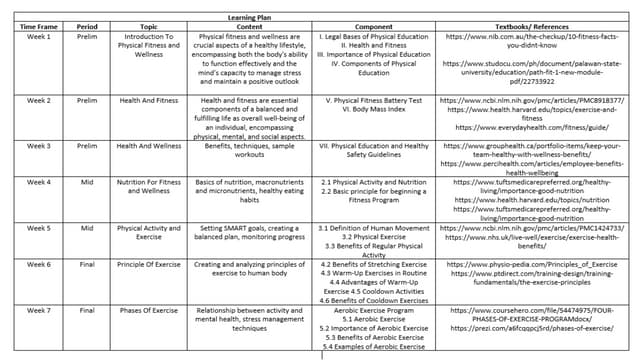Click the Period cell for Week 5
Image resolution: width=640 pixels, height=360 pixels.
click(87, 228)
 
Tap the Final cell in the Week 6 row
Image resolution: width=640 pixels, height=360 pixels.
click(87, 264)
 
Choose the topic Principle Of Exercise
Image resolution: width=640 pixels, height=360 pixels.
click(147, 264)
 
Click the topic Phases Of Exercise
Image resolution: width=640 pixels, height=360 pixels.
click(147, 310)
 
